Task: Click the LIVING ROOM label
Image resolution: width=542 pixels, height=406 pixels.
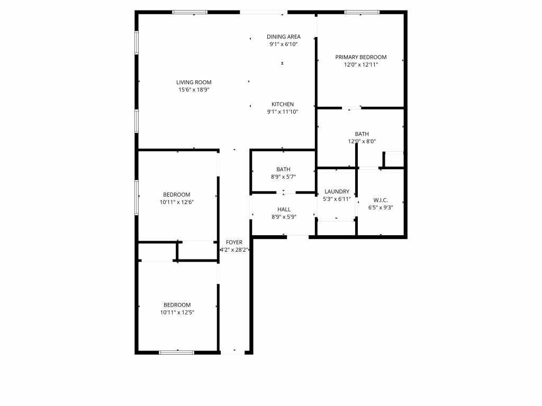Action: coord(194,82)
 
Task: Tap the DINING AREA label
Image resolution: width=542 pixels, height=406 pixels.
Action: coord(284,36)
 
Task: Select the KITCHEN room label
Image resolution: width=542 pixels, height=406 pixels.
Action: coord(283,104)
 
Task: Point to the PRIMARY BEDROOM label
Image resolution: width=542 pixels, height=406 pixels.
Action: coord(361,57)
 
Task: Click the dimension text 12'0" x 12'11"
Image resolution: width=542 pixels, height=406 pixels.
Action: coord(361,65)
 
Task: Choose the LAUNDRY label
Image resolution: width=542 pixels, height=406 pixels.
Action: coord(337,191)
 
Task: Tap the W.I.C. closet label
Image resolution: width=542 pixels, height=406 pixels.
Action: coord(381,200)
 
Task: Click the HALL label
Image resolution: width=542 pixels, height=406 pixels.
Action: coord(284,209)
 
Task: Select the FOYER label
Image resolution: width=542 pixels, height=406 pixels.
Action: coord(234,242)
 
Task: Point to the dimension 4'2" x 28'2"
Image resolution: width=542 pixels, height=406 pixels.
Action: coord(234,250)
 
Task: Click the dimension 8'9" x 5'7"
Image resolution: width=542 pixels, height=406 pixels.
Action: coord(283,177)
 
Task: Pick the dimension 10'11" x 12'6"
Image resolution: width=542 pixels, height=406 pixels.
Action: coord(177,202)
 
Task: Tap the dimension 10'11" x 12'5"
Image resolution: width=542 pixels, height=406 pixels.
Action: coord(177,313)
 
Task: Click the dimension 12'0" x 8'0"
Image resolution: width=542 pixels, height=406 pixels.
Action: coord(362,142)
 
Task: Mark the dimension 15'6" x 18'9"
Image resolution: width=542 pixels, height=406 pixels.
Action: coord(194,90)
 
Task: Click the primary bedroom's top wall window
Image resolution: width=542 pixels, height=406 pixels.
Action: coord(362,13)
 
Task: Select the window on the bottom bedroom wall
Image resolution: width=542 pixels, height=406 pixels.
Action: coord(177,353)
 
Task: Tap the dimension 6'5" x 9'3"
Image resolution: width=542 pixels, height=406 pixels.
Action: coord(381,208)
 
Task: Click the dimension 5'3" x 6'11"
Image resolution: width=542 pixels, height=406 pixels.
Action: coord(337,199)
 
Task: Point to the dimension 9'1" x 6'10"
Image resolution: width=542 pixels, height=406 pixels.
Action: coord(284,44)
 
